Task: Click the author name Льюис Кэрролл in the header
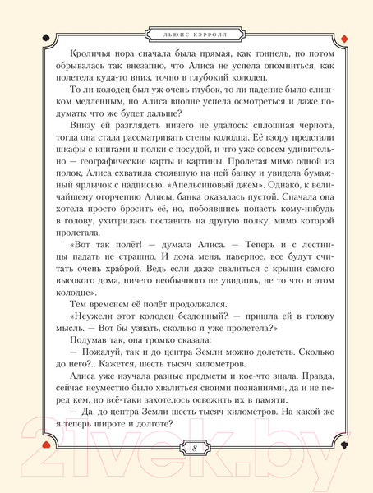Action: [x=186, y=35]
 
